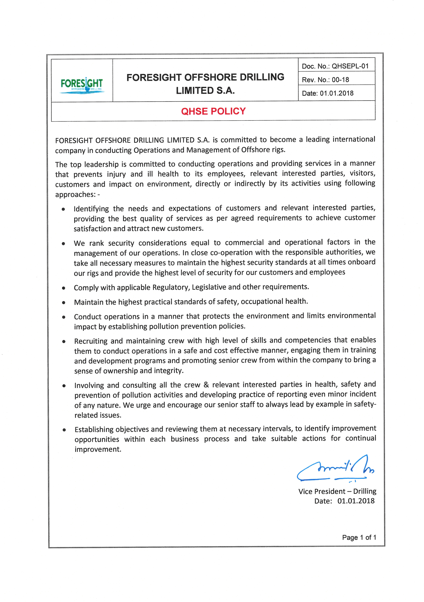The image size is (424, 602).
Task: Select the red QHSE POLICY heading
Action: point(213,111)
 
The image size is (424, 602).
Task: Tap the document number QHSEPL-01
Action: point(350,66)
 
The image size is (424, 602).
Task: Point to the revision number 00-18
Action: point(340,80)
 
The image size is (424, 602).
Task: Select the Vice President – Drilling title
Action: point(337,491)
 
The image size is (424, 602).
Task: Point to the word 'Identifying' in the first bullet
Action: point(91,209)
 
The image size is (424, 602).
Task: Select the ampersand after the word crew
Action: point(206,385)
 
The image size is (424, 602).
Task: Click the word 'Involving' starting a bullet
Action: point(89,385)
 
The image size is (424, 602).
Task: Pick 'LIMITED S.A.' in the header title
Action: point(205,91)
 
